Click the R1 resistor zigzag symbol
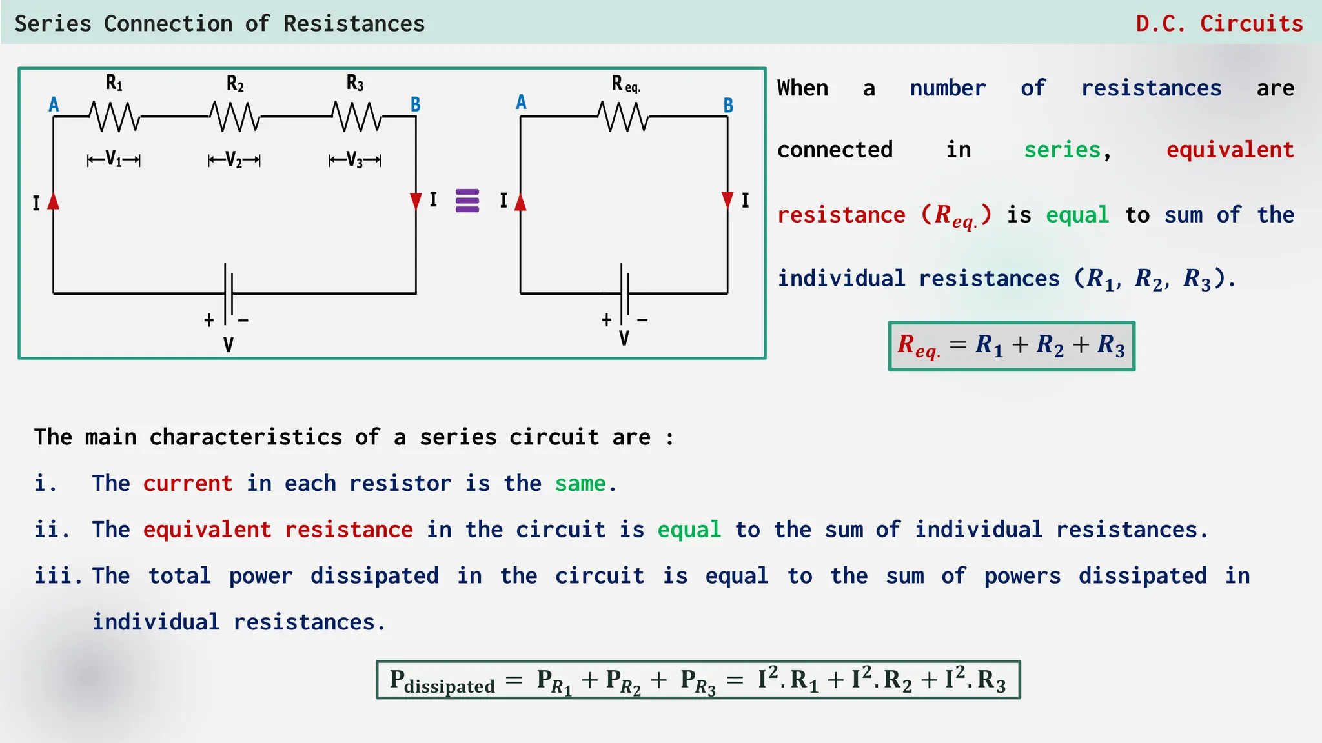114,117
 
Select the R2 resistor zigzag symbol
235,117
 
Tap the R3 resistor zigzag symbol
356,117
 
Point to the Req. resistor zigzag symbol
623,117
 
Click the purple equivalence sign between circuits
467,201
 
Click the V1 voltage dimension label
114,159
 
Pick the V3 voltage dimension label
355,159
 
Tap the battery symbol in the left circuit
228,293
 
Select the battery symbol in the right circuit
624,293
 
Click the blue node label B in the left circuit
416,104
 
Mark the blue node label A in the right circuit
522,102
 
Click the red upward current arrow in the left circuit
54,201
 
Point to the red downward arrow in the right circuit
727,200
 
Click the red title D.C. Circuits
1219,24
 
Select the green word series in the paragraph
1062,150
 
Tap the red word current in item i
188,483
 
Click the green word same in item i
580,483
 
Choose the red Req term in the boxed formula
918,346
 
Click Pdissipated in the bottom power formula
442,681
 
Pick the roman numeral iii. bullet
58,575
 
